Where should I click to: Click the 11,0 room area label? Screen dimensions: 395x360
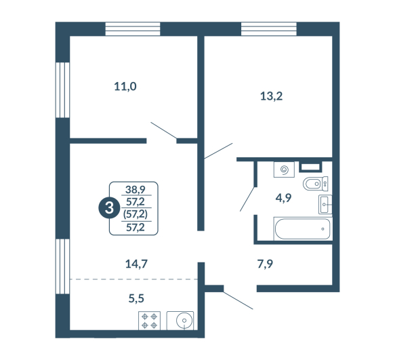(x=125, y=87)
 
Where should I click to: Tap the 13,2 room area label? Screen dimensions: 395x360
(x=271, y=96)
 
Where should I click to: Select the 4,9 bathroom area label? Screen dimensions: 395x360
(x=283, y=198)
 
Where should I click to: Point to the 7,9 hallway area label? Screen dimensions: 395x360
(x=265, y=264)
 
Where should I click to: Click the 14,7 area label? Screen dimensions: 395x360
(x=136, y=264)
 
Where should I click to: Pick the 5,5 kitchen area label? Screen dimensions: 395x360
(x=136, y=298)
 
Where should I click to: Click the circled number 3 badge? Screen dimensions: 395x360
(x=109, y=208)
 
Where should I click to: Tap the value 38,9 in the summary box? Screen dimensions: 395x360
(x=136, y=190)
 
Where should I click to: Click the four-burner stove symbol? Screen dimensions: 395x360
(x=149, y=321)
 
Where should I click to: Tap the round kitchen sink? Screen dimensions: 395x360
(x=184, y=321)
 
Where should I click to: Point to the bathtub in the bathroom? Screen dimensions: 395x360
(x=302, y=228)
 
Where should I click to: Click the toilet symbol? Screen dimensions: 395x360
(x=316, y=184)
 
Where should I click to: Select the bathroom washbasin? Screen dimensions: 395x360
(x=325, y=205)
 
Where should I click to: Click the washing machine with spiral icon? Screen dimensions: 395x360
(x=284, y=169)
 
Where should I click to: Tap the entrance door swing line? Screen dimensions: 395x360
(x=238, y=300)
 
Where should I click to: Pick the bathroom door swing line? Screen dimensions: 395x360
(x=247, y=199)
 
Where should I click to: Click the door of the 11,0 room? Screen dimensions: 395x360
(x=163, y=130)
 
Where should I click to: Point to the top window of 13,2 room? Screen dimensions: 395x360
(x=269, y=28)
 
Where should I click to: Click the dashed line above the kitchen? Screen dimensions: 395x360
(x=133, y=279)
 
